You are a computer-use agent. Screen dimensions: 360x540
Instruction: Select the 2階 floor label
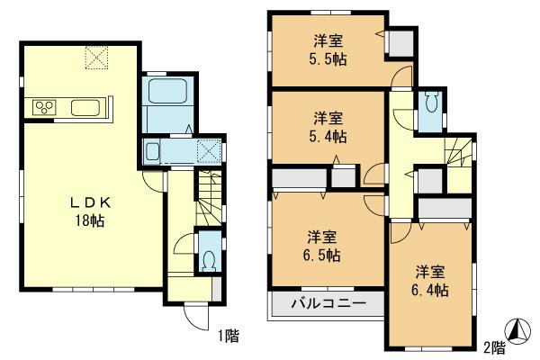point(493,346)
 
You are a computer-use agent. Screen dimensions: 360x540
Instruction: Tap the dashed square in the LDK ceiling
point(95,58)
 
